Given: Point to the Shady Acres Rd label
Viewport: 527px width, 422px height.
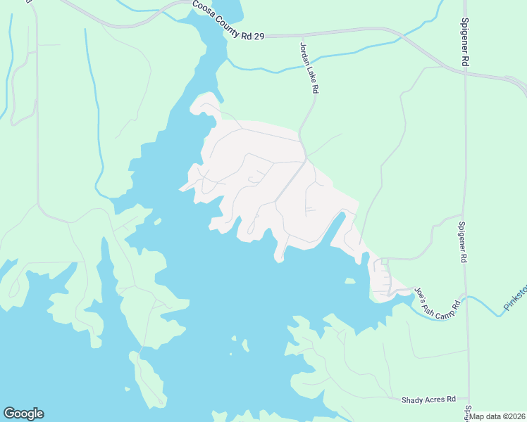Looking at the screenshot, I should (429, 399).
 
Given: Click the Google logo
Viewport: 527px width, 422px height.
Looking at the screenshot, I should (23, 414).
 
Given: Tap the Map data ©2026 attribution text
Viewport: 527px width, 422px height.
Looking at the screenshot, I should (497, 416).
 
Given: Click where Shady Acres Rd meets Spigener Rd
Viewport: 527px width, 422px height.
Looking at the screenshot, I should (468, 398).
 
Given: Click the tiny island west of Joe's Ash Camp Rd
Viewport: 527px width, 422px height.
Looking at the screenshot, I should (349, 281).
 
